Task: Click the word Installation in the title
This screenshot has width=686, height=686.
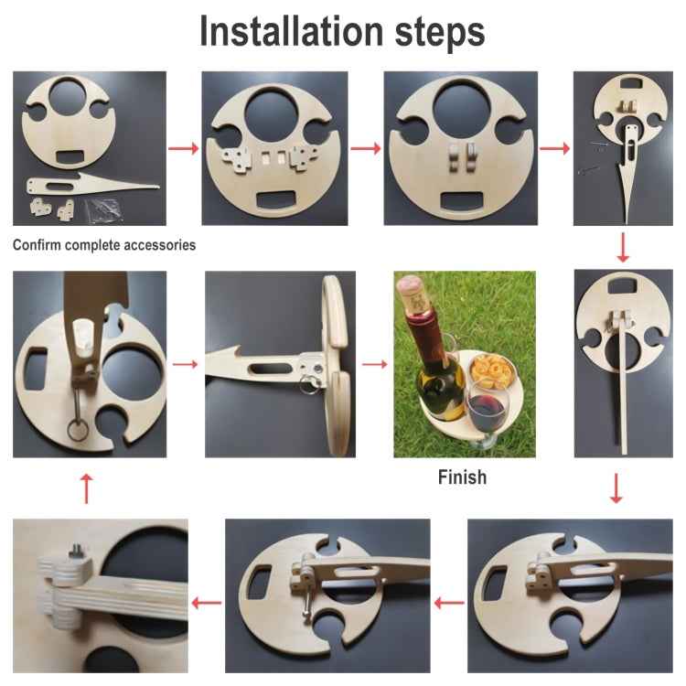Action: pos(292,31)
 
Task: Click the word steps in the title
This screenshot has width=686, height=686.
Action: pos(440,33)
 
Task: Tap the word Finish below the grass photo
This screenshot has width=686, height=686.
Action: pos(463,477)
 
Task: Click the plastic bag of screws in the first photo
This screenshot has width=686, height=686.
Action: pos(103,209)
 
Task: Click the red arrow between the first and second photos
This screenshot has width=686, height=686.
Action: pos(183,149)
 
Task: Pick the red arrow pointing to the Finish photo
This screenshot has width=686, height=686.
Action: pos(374,364)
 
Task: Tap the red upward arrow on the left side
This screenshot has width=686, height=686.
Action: pos(87,488)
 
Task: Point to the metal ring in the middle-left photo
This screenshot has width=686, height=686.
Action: pos(78,430)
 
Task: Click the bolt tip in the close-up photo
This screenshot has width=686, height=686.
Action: pos(77,547)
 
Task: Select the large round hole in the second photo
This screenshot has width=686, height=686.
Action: pos(271,117)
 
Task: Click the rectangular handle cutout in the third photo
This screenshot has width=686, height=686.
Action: pos(462,201)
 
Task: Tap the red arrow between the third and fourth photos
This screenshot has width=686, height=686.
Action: pos(555,149)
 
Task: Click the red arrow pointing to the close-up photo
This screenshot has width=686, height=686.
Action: pos(207,603)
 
